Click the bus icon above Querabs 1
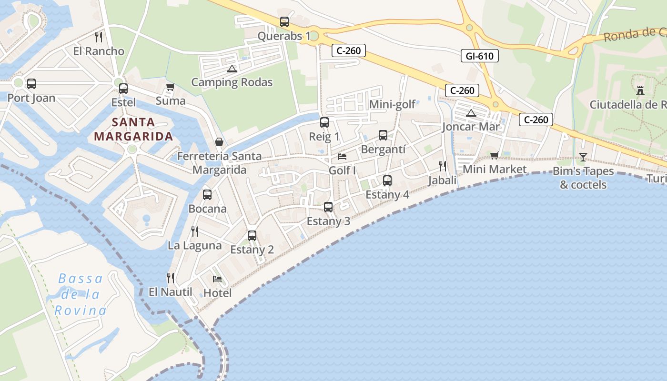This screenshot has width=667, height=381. click(x=284, y=22)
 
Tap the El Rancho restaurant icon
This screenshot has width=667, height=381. click(x=99, y=37)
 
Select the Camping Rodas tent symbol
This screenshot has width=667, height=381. click(x=232, y=69)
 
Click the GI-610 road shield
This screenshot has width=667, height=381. click(x=480, y=56)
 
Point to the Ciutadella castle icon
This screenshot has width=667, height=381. click(x=640, y=90)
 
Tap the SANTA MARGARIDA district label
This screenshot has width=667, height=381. click(x=133, y=130)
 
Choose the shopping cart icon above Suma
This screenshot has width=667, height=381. click(x=170, y=87)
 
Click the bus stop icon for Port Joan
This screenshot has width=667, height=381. click(x=31, y=84)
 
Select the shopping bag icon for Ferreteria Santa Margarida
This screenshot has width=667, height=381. click(x=219, y=142)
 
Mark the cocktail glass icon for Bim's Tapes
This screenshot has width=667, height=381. click(x=583, y=157)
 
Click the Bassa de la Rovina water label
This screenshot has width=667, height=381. click(x=80, y=295)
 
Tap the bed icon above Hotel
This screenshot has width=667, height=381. click(x=217, y=279)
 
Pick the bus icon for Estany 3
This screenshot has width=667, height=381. click(x=328, y=207)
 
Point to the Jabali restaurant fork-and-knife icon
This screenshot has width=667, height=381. click(x=443, y=166)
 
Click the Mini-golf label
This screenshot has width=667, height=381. click(x=392, y=104)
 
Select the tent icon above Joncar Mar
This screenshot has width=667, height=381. click(x=471, y=113)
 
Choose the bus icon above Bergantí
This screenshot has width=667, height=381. click(x=383, y=135)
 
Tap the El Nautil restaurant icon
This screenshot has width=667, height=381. click(x=171, y=278)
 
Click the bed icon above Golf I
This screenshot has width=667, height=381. click(x=342, y=156)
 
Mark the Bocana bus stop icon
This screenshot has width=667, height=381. click(x=207, y=194)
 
